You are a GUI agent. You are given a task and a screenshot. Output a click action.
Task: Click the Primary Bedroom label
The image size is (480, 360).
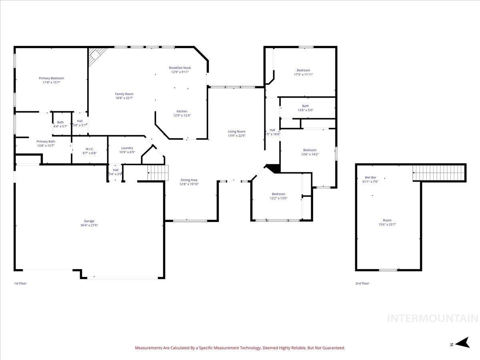click(51, 78)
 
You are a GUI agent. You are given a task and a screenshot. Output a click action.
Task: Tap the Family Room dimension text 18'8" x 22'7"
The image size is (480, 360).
click(124, 98)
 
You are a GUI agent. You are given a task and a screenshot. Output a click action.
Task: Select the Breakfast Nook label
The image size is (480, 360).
click(180, 68)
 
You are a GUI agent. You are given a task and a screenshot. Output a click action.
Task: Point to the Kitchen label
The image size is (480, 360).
click(182, 112)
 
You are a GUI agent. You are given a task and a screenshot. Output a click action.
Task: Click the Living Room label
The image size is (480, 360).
click(236, 132)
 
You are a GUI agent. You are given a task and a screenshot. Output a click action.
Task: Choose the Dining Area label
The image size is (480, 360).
click(189, 180)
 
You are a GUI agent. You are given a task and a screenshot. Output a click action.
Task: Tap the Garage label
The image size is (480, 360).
click(89, 221)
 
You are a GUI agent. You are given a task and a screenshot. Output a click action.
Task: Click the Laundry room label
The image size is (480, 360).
click(127, 148)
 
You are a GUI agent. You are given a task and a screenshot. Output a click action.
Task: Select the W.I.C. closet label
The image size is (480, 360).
click(89, 149)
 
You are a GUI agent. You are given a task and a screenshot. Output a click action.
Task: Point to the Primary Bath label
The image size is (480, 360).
click(46, 142)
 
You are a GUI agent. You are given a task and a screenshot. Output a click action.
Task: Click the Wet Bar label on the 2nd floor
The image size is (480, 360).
click(370, 177)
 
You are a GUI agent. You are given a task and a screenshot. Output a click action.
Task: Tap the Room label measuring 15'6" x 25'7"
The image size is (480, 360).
click(387, 220)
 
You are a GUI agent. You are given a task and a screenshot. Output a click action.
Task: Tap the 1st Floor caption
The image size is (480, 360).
click(20, 283)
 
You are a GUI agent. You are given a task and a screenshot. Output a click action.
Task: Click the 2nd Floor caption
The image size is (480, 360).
click(362, 283)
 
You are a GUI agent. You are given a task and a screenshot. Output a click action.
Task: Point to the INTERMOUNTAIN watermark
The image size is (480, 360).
click(433, 318)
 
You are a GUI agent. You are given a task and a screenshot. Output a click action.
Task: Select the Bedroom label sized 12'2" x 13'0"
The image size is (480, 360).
click(278, 194)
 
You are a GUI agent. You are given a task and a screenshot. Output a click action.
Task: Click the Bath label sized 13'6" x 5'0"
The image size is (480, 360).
click(305, 106)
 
